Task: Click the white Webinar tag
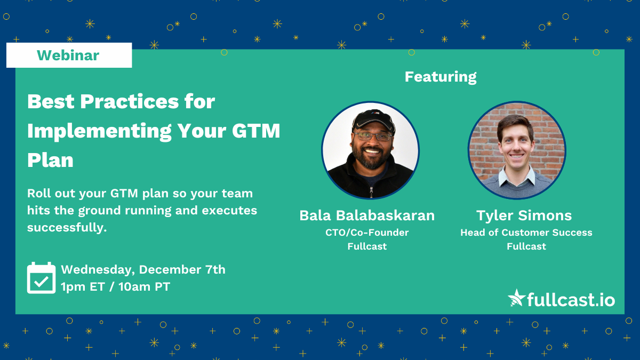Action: coord(69,55)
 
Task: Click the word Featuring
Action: coord(441,77)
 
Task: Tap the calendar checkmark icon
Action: coord(41,277)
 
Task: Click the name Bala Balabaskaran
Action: coord(367,215)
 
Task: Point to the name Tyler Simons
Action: coord(524,215)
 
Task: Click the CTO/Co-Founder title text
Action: coord(367,233)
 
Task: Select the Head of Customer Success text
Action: coord(526,233)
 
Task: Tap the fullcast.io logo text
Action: coord(571,299)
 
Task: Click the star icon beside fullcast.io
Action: coord(516,298)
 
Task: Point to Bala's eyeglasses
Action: coord(373,137)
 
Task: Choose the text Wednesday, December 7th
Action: coord(143,269)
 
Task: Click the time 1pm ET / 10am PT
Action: coord(115,287)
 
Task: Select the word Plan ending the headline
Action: coord(50,159)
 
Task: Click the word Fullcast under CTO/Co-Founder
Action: coord(367,246)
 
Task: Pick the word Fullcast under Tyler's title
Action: coord(526,246)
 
